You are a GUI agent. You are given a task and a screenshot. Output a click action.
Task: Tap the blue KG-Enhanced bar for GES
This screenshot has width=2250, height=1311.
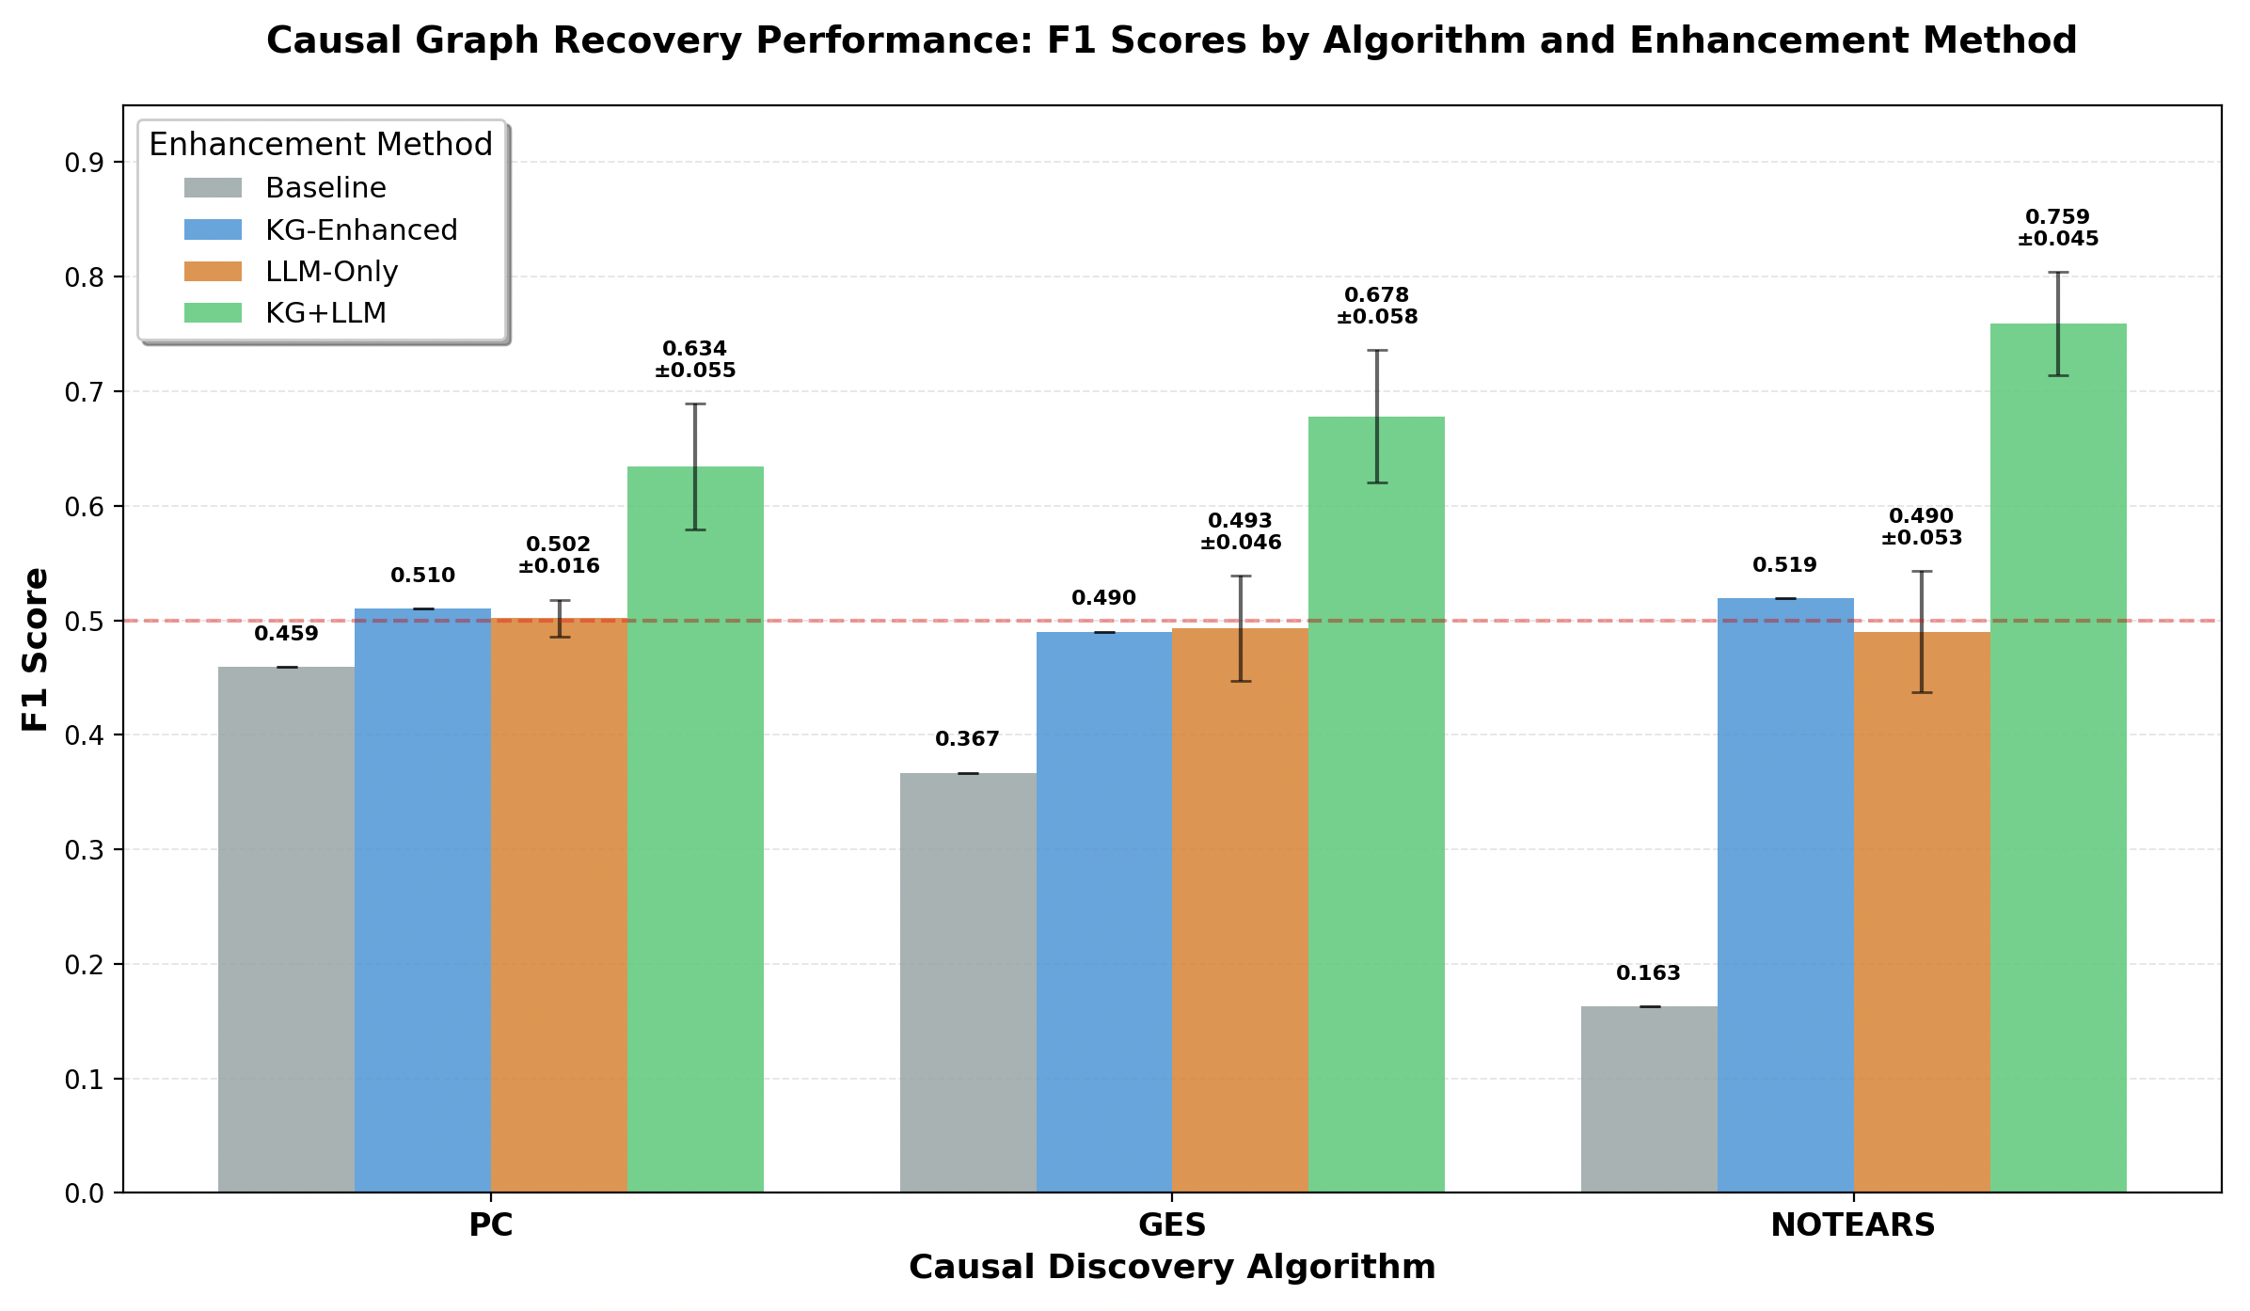(1104, 912)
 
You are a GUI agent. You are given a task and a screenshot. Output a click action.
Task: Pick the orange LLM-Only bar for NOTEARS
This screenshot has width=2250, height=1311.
(1922, 912)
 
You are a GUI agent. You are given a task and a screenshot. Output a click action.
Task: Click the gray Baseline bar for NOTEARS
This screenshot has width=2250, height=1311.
(1649, 1099)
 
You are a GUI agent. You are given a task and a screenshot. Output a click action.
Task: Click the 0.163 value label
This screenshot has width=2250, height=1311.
(1648, 973)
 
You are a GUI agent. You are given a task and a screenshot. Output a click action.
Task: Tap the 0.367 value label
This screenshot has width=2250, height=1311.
(967, 739)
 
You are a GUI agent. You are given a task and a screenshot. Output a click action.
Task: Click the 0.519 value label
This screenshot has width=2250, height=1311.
(1784, 565)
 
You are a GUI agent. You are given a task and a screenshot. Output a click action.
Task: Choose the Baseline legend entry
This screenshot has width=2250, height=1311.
(325, 188)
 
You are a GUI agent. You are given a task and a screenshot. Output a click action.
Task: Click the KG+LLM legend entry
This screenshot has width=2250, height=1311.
(325, 313)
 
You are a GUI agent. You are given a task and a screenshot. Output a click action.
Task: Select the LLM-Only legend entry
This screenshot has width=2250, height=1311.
(331, 272)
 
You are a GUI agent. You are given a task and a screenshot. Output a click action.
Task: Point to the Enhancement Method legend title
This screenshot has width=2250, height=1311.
(321, 145)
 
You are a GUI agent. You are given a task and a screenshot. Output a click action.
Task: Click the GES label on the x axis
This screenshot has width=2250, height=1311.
(1172, 1225)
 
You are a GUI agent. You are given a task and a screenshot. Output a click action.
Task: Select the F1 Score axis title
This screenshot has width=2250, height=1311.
(36, 649)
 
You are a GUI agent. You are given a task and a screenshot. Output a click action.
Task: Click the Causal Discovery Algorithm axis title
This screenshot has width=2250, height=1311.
(1172, 1268)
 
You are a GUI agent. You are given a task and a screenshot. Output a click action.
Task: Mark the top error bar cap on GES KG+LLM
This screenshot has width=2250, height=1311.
(1376, 350)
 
